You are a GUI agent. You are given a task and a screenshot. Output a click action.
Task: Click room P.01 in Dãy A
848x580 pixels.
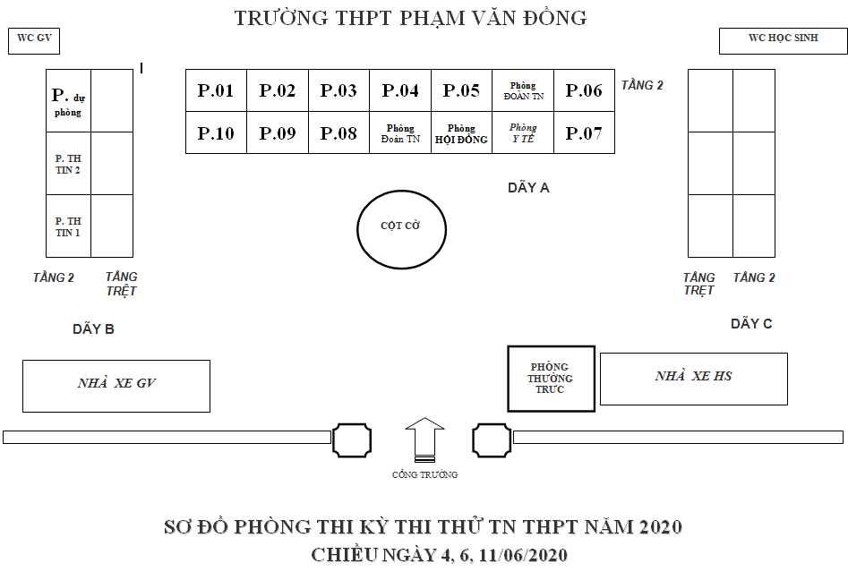[x=216, y=90]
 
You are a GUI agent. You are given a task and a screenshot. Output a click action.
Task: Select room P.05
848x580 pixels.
[x=461, y=90]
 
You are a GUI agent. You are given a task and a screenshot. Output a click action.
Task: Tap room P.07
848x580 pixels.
[x=584, y=133]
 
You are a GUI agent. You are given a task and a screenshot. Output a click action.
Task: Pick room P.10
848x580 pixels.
[x=216, y=133]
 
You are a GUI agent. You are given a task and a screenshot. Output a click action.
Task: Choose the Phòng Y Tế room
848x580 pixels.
[x=523, y=133]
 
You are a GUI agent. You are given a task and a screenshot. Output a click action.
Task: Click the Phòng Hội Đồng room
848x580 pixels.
[x=461, y=133]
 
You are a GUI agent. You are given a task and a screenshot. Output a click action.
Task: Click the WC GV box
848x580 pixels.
[x=33, y=40]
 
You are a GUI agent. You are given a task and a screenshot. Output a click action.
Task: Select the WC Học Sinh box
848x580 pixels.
[x=783, y=39]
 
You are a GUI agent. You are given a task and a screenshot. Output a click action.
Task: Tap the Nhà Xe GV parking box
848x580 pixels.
[x=116, y=386]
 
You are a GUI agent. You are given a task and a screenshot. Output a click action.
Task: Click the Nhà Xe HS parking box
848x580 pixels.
[x=693, y=378]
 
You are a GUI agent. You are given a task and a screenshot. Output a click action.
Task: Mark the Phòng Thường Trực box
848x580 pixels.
[x=551, y=379]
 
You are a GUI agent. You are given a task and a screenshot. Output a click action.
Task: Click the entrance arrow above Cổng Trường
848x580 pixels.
[x=424, y=439]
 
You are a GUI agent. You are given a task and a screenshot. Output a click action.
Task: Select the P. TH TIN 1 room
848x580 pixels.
[x=69, y=226]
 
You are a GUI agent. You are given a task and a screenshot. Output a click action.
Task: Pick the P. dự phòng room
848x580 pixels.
[x=69, y=101]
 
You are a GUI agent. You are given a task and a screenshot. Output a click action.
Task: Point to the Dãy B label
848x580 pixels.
[x=93, y=329]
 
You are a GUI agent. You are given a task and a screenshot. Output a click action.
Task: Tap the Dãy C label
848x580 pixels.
[x=750, y=324]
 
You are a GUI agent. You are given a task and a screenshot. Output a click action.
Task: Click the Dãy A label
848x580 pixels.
[x=528, y=188]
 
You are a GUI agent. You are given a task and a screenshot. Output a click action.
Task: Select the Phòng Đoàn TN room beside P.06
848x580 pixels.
[x=523, y=90]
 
